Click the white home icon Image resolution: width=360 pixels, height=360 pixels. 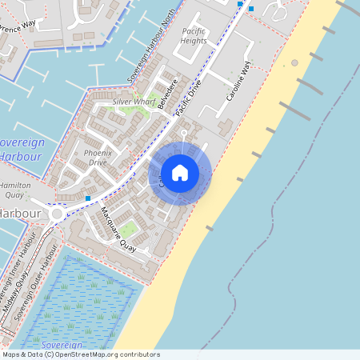(180, 173)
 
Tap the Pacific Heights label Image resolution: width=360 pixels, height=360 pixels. (194, 35)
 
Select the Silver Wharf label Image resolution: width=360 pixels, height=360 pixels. (134, 102)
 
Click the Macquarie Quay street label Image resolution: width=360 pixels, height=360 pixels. (118, 230)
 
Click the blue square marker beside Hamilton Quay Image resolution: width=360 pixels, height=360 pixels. (87, 197)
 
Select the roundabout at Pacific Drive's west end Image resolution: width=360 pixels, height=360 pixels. (57, 214)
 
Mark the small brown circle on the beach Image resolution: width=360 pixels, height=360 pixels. (294, 62)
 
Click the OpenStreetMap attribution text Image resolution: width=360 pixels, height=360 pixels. (80, 354)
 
